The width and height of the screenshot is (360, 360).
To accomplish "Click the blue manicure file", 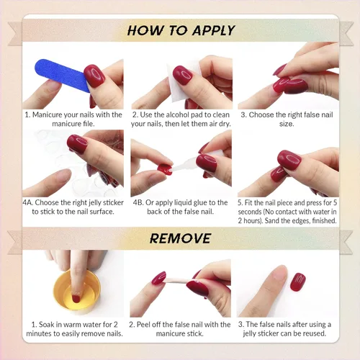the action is point(62,75).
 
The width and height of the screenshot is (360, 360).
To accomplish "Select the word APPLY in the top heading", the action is point(213,30).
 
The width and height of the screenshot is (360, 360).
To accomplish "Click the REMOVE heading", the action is point(180,238).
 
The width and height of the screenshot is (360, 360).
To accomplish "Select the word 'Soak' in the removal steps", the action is point(46,325).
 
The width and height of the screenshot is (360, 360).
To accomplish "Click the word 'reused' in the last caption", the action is point(314,333).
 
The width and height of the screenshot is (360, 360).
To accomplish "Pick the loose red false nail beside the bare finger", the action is point(297,282).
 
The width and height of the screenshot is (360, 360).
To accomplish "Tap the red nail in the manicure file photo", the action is point(94,76).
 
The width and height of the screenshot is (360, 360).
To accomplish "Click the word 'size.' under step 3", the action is point(287,124).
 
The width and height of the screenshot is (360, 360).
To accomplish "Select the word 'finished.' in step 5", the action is point(324,220).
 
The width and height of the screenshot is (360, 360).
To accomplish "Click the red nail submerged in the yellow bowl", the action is point(76,299).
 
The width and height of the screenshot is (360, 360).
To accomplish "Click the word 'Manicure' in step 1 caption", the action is point(47,114).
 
